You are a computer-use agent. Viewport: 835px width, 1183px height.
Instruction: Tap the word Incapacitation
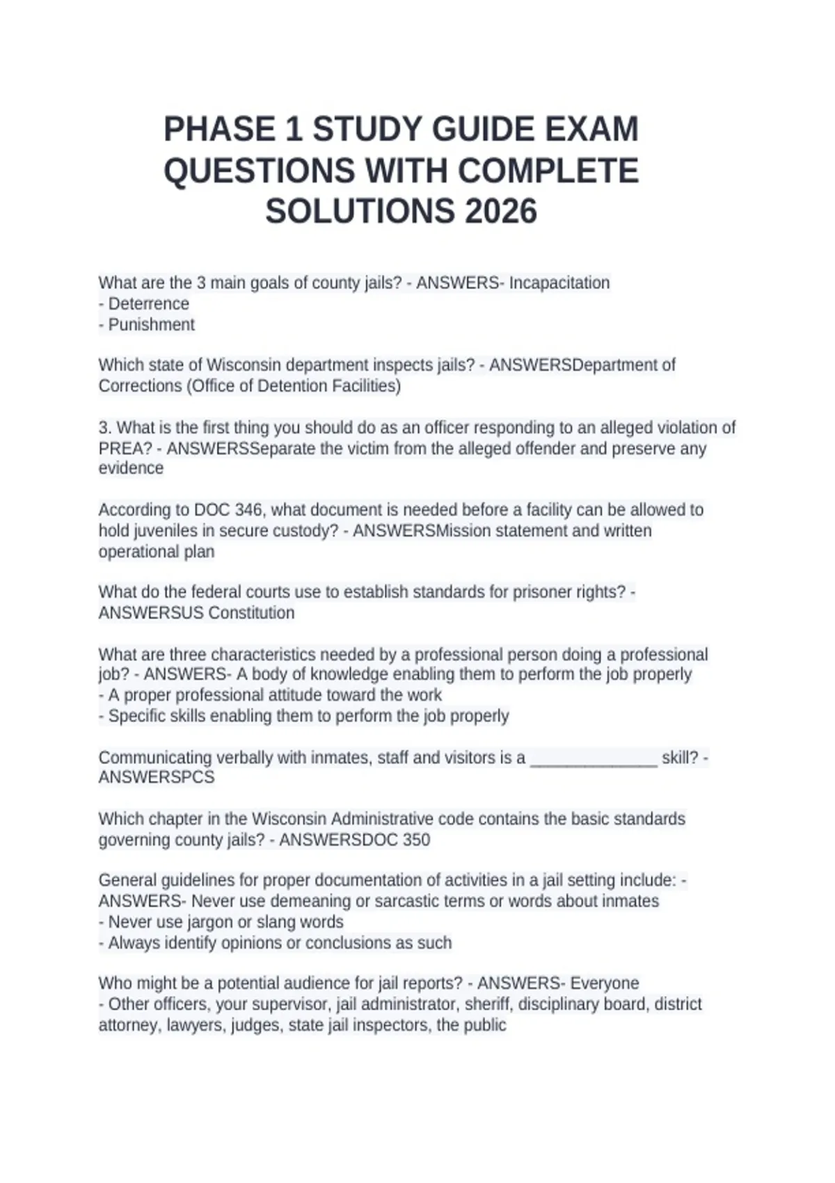point(559,283)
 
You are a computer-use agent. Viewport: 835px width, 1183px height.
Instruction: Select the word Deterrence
point(149,303)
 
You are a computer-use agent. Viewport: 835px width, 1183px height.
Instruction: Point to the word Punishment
point(152,324)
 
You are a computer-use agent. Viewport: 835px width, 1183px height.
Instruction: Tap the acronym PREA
point(125,448)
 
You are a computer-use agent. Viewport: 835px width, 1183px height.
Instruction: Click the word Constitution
point(251,612)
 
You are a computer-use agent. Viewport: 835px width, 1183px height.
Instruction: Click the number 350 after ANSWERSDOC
point(416,839)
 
